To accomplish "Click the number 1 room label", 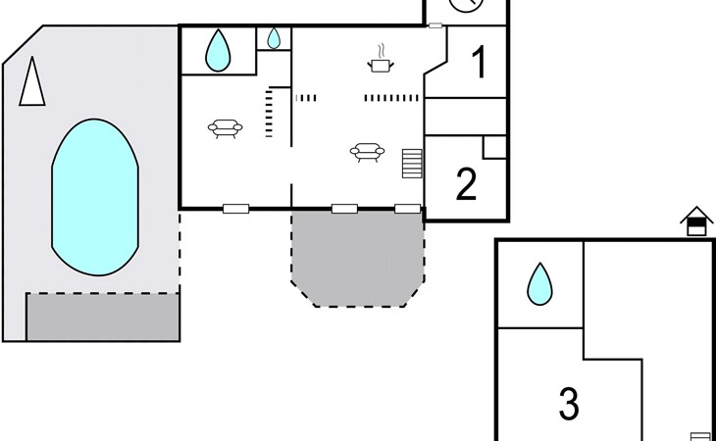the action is pyautogui.click(x=479, y=63).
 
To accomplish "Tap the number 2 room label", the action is pyautogui.click(x=466, y=184).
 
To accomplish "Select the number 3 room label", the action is pyautogui.click(x=569, y=403).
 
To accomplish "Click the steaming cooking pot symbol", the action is pyautogui.click(x=381, y=59).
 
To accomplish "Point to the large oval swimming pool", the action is pyautogui.click(x=95, y=197).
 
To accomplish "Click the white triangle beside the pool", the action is pyautogui.click(x=32, y=82).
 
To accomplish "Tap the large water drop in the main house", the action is pyautogui.click(x=219, y=50).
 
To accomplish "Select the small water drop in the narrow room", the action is pyautogui.click(x=274, y=38).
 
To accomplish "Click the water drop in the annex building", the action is pyautogui.click(x=539, y=283).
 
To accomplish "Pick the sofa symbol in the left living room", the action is pyautogui.click(x=226, y=128).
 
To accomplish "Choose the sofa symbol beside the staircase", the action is pyautogui.click(x=367, y=152).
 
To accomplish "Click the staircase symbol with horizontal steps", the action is pyautogui.click(x=412, y=164).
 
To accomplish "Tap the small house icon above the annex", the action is pyautogui.click(x=696, y=221).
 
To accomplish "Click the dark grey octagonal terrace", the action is pyautogui.click(x=358, y=258).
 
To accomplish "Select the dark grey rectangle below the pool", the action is pyautogui.click(x=103, y=317).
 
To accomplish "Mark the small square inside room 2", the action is pyautogui.click(x=494, y=147).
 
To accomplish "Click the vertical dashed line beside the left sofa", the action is pyautogui.click(x=269, y=114).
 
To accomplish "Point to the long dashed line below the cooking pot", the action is pyautogui.click(x=391, y=98).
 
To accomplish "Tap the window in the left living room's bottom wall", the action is pyautogui.click(x=235, y=209).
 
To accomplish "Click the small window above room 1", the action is pyautogui.click(x=435, y=25).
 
